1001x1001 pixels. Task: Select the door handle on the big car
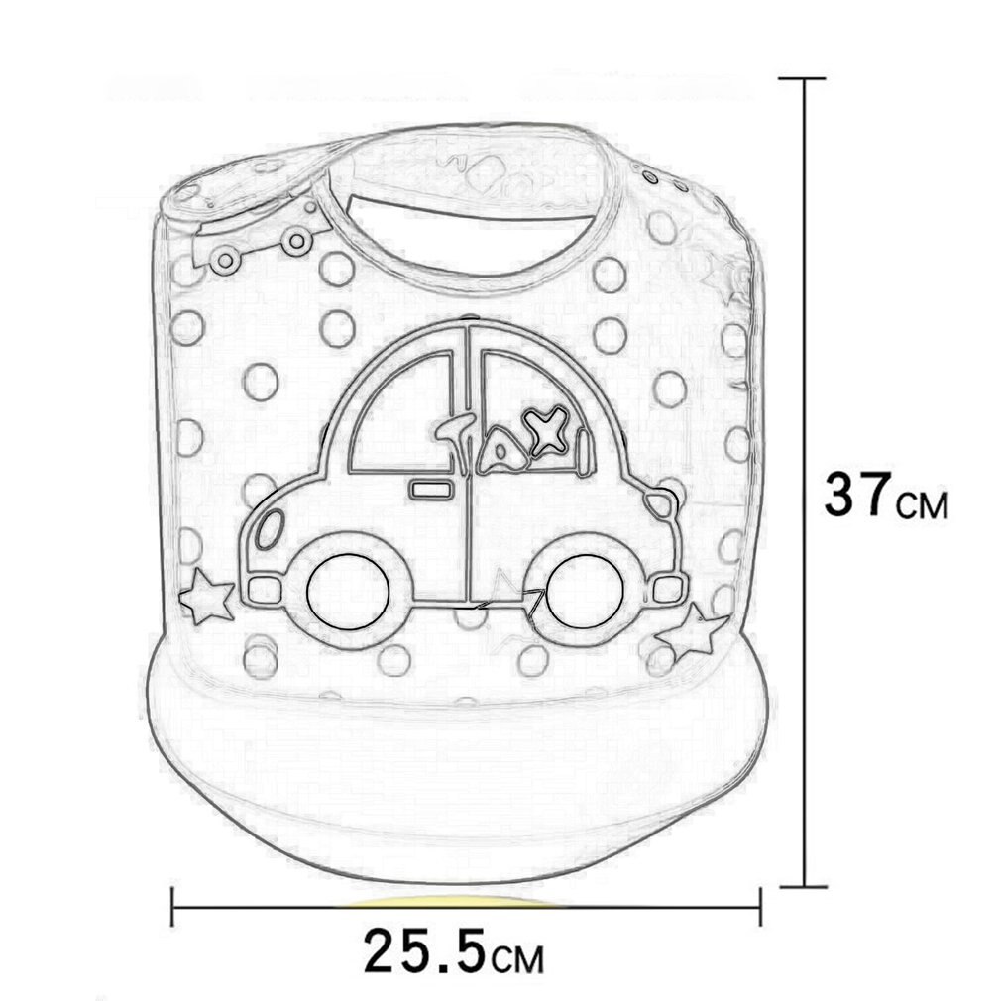[430, 490]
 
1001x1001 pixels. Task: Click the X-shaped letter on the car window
[544, 430]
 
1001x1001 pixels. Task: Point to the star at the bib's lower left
[206, 597]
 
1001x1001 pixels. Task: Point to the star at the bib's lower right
[692, 632]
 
